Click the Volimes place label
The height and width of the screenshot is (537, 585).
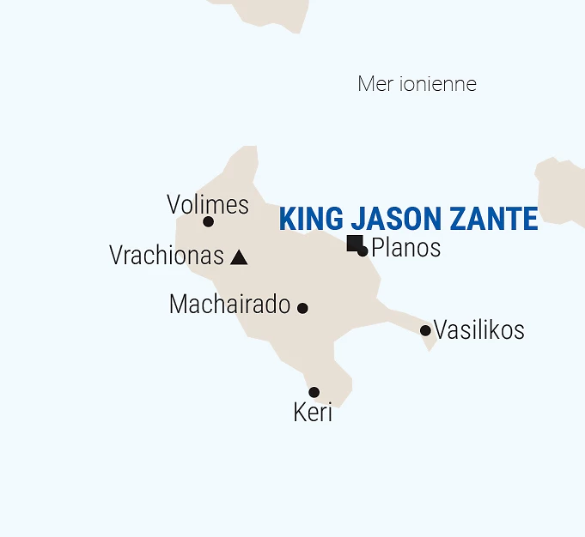pyautogui.click(x=208, y=205)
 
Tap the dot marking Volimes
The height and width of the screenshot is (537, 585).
pyautogui.click(x=208, y=221)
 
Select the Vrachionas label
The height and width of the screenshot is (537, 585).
pyautogui.click(x=167, y=256)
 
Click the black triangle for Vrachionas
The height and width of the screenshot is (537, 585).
pyautogui.click(x=240, y=257)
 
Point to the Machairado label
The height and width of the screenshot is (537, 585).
pyautogui.click(x=229, y=305)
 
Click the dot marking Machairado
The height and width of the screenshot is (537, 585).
pyautogui.click(x=302, y=308)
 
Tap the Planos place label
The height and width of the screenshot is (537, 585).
pyautogui.click(x=405, y=248)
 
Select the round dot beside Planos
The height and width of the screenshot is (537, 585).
pyautogui.click(x=363, y=251)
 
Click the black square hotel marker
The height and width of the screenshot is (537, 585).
pyautogui.click(x=353, y=243)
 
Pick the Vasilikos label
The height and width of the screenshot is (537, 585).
pyautogui.click(x=478, y=330)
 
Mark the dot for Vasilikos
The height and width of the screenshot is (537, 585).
pyautogui.click(x=425, y=330)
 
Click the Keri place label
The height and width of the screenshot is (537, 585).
pyautogui.click(x=313, y=413)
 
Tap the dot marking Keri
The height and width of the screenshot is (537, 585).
pyautogui.click(x=314, y=392)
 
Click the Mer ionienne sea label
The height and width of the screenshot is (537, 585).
pyautogui.click(x=417, y=84)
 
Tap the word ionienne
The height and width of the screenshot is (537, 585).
pyautogui.click(x=437, y=84)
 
